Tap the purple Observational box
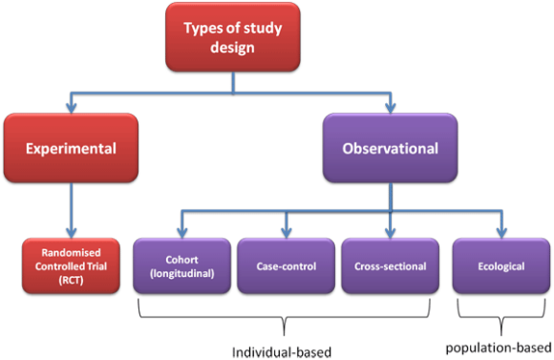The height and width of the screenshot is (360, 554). (390, 149)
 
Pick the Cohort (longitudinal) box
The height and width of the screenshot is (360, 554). (182, 265)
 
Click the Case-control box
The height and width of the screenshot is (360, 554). (287, 265)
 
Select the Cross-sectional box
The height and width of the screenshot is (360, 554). (390, 265)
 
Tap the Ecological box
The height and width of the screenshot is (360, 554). (501, 265)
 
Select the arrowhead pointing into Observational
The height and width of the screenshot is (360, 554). (390, 108)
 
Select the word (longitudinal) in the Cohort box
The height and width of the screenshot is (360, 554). (182, 273)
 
